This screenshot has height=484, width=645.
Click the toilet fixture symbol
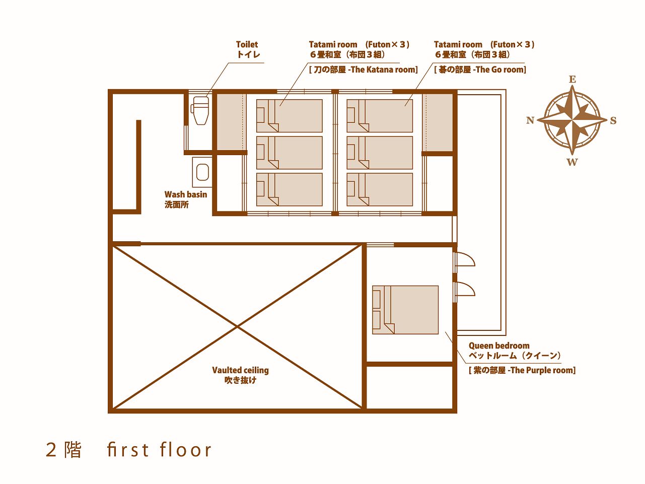click(x=200, y=111)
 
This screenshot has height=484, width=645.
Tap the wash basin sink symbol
click(x=202, y=172)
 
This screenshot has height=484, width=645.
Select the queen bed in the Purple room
click(x=405, y=310)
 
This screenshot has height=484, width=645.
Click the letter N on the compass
click(x=530, y=120)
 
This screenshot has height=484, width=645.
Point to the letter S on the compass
click(x=613, y=120)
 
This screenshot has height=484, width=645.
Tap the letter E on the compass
click(x=572, y=80)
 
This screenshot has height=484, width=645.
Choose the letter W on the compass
click(x=572, y=162)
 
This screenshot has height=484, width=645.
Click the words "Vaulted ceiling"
click(x=240, y=370)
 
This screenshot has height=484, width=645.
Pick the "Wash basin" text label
click(x=186, y=194)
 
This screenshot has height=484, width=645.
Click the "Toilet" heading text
click(x=247, y=44)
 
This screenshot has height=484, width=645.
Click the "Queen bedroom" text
click(x=499, y=345)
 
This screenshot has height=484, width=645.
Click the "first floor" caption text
click(x=159, y=450)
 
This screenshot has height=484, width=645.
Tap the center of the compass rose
click(x=572, y=120)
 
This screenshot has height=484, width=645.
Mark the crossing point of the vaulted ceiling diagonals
click(x=238, y=326)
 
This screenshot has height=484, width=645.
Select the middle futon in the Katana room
click(x=290, y=153)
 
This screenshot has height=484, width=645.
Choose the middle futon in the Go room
click(x=380, y=153)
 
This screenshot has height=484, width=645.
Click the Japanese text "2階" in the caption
click(x=63, y=450)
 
